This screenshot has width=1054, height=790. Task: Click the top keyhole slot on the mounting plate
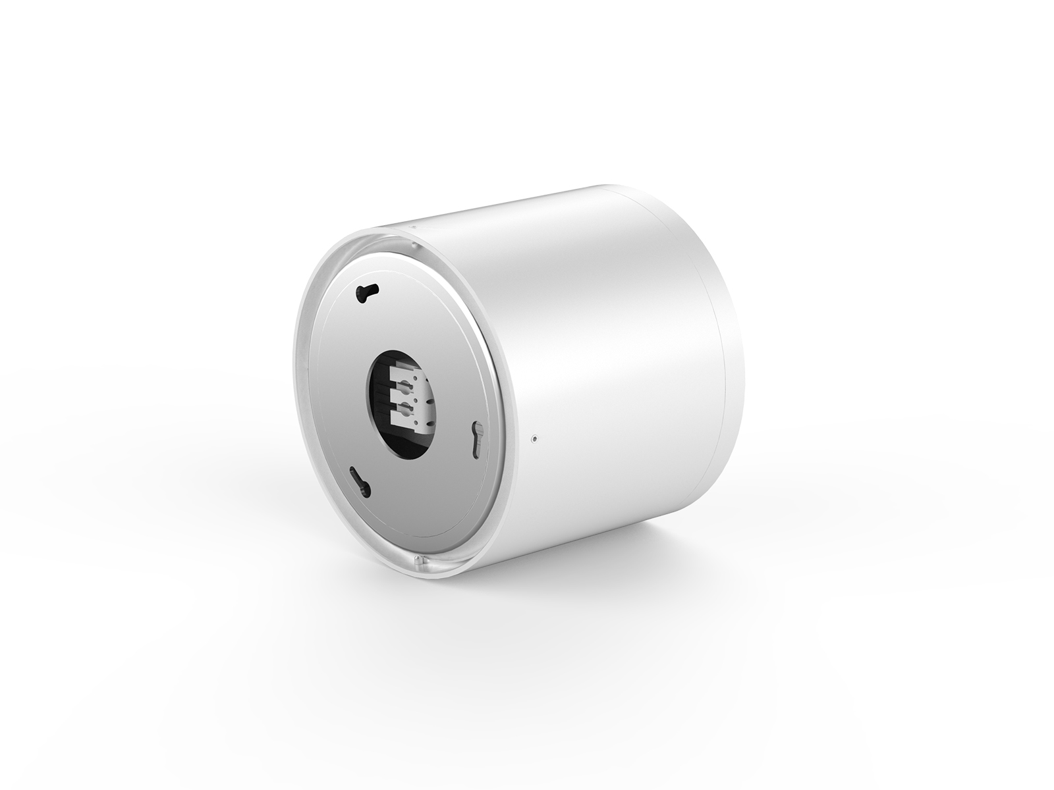coord(364,293)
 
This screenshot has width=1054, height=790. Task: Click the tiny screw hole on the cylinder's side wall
coord(534,437)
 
